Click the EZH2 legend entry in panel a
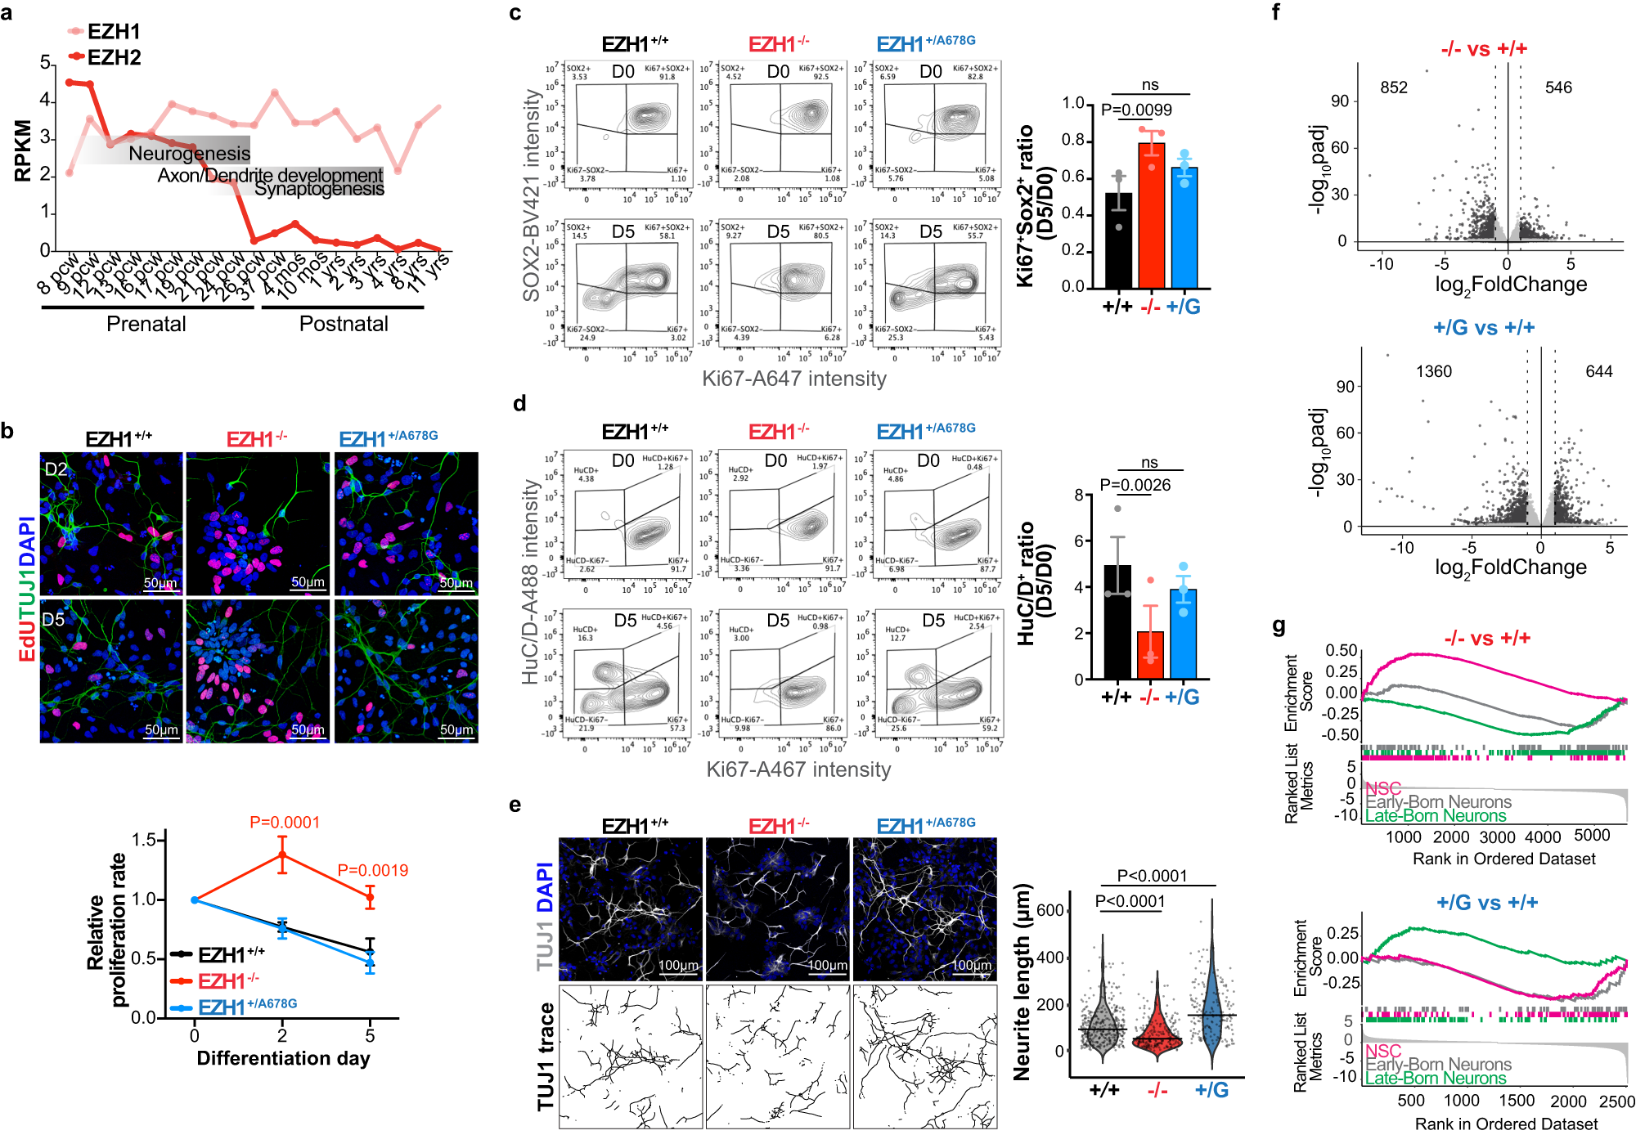click(x=113, y=57)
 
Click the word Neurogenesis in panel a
click(x=189, y=153)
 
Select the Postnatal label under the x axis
click(x=344, y=324)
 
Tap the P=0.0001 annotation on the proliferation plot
click(x=285, y=822)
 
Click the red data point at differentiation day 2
click(x=282, y=855)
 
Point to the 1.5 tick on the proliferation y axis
click(x=145, y=840)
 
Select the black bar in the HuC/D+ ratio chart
click(x=1117, y=621)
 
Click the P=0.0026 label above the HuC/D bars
click(x=1135, y=485)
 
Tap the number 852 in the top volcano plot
click(x=1394, y=87)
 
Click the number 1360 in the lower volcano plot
click(x=1433, y=371)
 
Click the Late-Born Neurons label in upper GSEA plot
click(x=1436, y=815)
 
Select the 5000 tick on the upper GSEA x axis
click(x=1592, y=836)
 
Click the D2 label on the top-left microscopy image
click(x=56, y=469)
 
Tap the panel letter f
click(x=1276, y=12)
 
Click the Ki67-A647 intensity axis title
click(x=793, y=379)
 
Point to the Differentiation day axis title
click(x=283, y=1058)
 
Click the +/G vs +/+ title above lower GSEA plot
click(x=1487, y=903)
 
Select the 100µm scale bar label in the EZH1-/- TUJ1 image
click(x=827, y=966)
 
